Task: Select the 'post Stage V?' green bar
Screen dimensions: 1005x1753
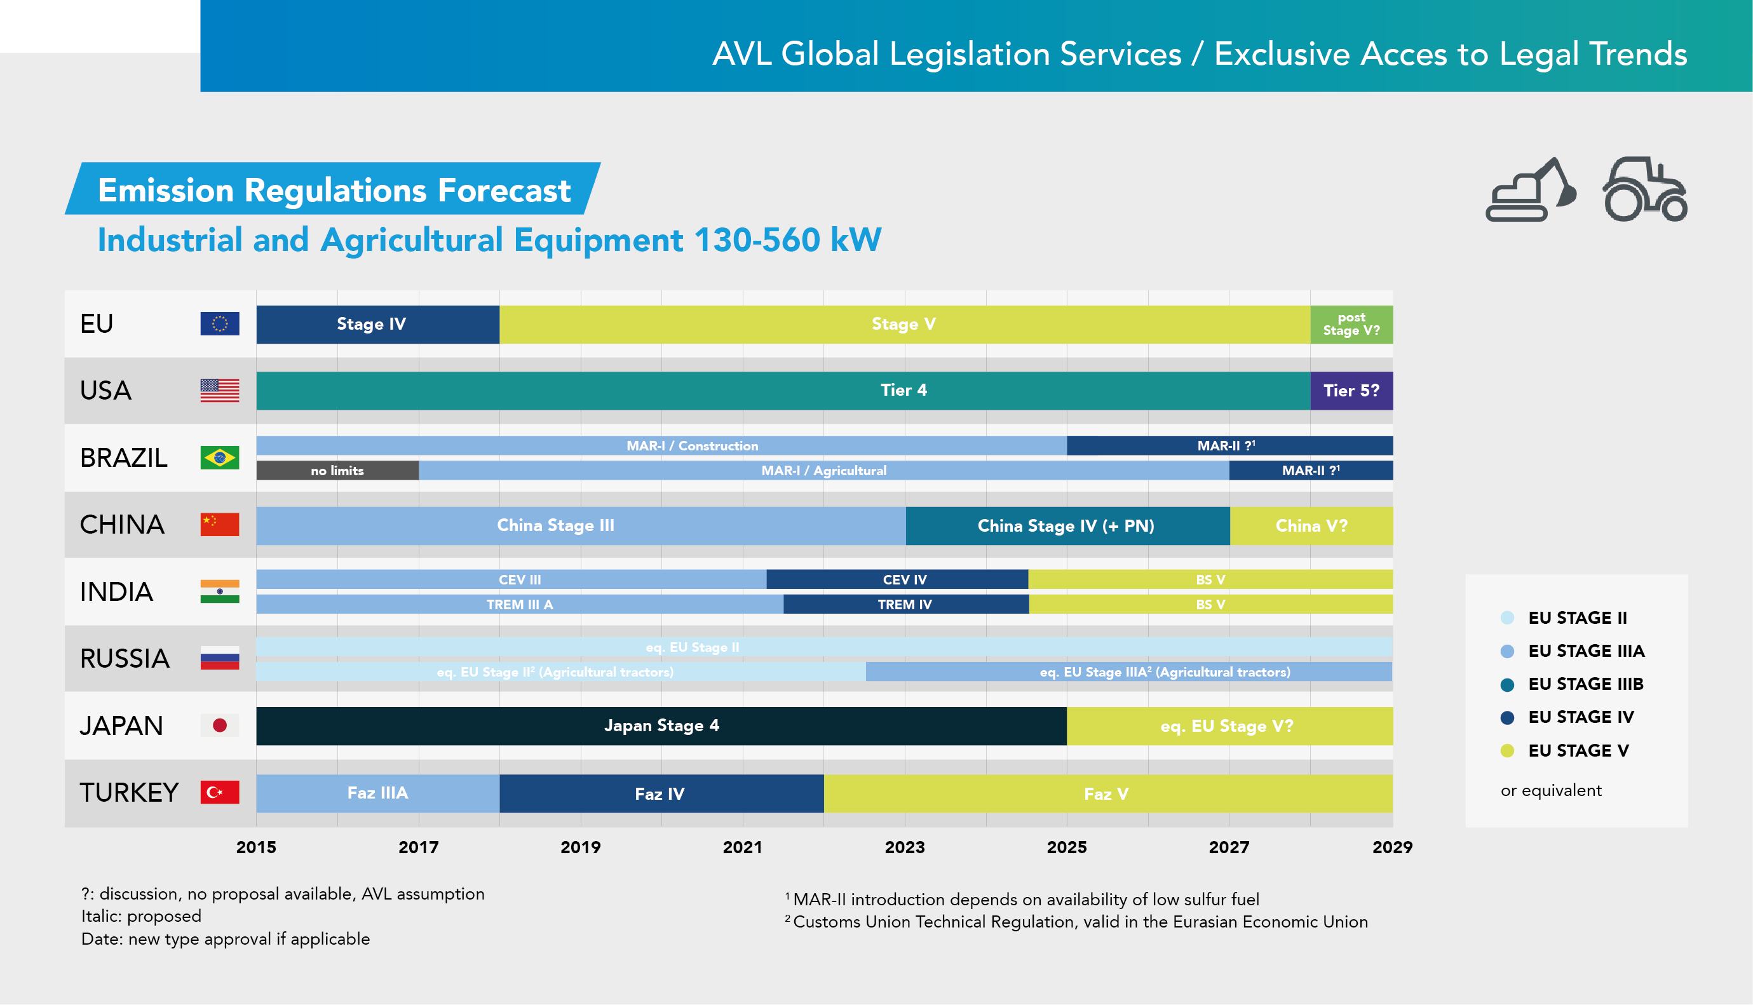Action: coord(1351,325)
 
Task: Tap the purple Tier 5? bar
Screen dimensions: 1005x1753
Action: coord(1351,391)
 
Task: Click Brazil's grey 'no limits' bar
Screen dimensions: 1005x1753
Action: coord(337,471)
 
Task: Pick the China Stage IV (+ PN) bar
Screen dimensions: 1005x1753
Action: coord(1066,526)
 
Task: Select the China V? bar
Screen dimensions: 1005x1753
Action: coord(1311,526)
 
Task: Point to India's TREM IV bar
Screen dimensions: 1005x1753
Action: coord(905,605)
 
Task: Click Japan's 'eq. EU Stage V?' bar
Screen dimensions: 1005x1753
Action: coord(1228,726)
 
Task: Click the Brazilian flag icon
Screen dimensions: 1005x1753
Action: coord(219,457)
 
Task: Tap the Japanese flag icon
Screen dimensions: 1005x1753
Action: coord(219,725)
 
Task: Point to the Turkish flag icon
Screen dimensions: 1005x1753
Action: coord(219,792)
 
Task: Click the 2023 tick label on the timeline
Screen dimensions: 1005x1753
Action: coord(904,847)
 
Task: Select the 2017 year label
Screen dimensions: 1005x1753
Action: coord(418,847)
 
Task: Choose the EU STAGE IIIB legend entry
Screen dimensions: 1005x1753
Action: coord(1585,684)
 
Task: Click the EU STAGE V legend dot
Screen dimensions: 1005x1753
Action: coord(1507,751)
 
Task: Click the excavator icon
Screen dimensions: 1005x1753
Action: coord(1530,190)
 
